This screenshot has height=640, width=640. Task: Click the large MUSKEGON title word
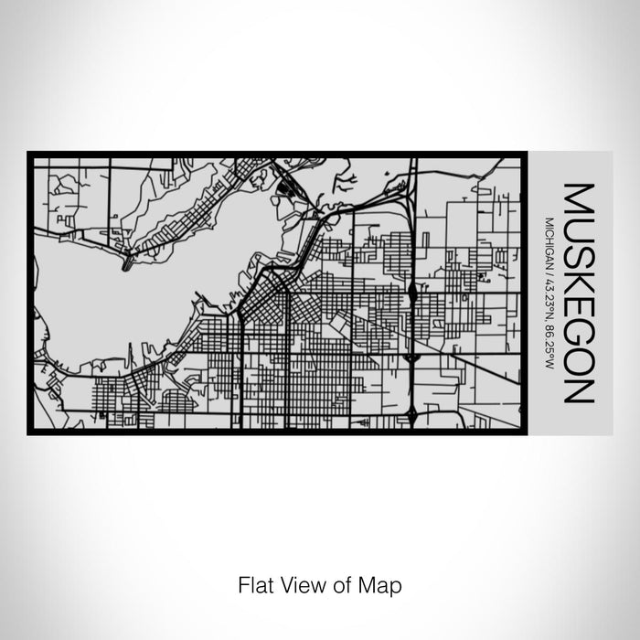581,293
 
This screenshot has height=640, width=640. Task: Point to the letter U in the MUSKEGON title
581,228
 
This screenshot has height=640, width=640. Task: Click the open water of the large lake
110,293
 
